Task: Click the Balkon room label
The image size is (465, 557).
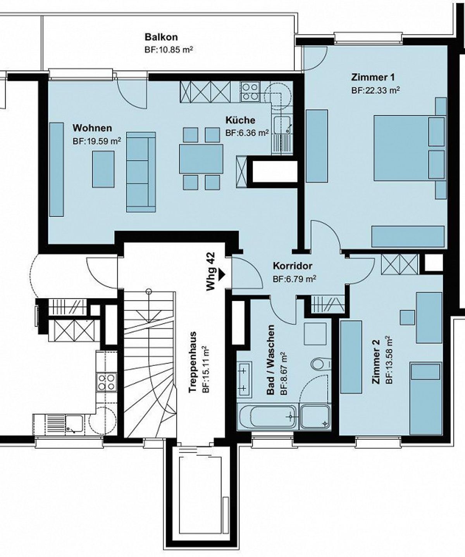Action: click(x=161, y=37)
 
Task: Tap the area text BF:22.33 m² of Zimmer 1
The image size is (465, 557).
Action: click(x=375, y=90)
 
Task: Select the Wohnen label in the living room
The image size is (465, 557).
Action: click(x=92, y=128)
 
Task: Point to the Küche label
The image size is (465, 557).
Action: click(x=240, y=120)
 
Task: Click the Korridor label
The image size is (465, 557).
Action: click(x=293, y=266)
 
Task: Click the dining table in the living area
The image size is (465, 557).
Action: click(x=201, y=159)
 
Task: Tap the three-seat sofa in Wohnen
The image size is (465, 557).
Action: click(x=141, y=172)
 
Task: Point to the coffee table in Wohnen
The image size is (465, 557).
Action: click(x=103, y=169)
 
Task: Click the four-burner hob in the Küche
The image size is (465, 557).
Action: click(x=250, y=92)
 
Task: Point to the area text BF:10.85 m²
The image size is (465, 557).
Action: click(x=169, y=50)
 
